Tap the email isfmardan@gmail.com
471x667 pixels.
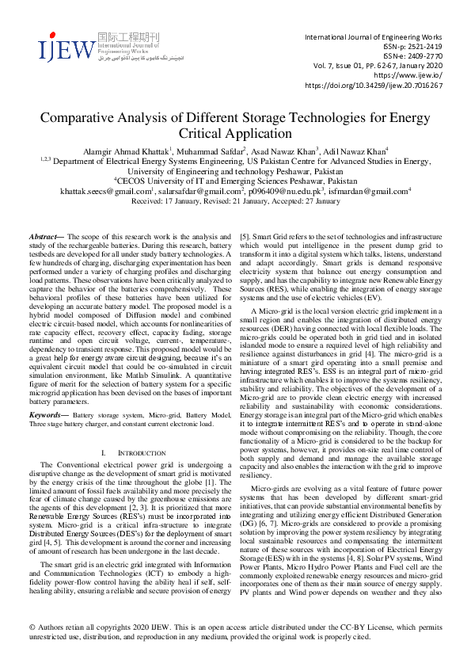click(373, 192)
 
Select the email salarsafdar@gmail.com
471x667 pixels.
click(199, 192)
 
